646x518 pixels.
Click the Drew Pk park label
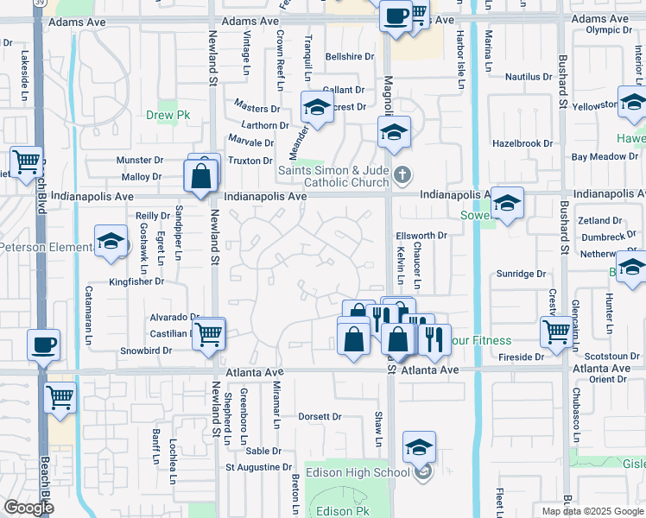tap(168, 115)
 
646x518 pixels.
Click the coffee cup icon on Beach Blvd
tap(43, 345)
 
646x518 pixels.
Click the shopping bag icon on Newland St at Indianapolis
tap(200, 177)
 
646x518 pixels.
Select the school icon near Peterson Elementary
tap(111, 242)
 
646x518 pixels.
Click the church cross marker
tap(401, 176)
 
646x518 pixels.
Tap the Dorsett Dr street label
tap(320, 416)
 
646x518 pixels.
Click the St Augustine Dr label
tap(259, 467)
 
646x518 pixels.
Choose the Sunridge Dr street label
tap(522, 274)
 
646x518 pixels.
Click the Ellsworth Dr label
tap(420, 235)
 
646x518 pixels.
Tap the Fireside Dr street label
tap(522, 356)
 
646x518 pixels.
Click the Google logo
tap(29, 508)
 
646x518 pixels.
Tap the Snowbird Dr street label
tap(146, 351)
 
